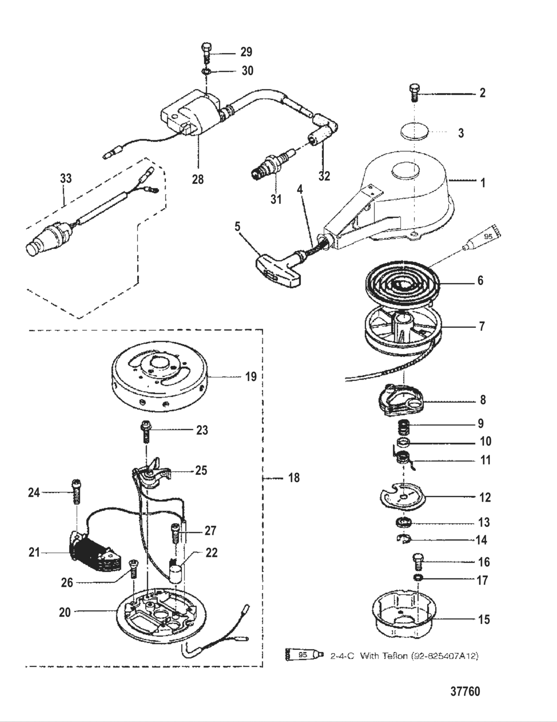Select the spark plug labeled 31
[x=269, y=167]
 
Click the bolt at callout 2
[x=413, y=93]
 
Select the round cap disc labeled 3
[x=415, y=133]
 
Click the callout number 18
[x=294, y=478]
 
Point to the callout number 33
[x=66, y=178]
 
